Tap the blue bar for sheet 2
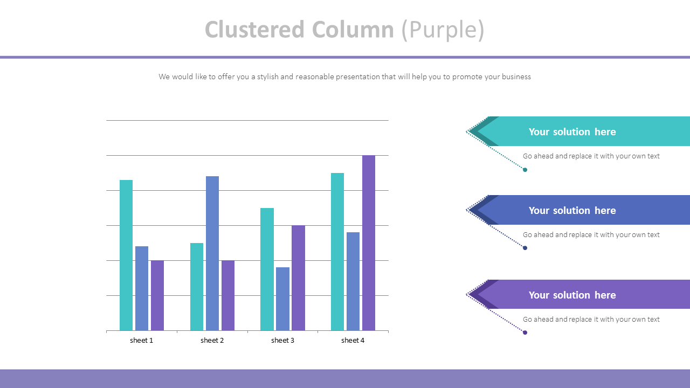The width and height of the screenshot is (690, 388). tap(212, 253)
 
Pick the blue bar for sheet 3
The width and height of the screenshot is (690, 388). tap(282, 299)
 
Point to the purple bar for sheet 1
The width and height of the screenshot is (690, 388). tap(157, 295)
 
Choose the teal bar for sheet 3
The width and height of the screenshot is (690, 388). tap(267, 269)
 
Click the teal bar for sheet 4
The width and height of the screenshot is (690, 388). tap(337, 252)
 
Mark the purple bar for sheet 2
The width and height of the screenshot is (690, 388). tap(228, 295)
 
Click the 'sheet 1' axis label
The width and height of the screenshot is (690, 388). tap(142, 341)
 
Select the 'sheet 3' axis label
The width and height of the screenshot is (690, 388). tap(282, 341)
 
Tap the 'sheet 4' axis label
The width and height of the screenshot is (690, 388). tap(353, 341)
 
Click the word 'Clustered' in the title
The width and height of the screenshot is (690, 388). tap(254, 30)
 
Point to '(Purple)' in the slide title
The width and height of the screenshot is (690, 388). tap(443, 30)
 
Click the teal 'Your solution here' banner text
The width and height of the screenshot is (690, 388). tap(572, 132)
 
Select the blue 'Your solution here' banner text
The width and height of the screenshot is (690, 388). tap(572, 211)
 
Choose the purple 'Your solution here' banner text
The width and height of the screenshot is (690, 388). tap(572, 295)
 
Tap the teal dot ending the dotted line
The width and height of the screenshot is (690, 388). tap(525, 170)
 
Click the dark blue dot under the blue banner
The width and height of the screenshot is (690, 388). tap(525, 248)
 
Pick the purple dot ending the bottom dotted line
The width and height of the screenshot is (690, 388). tap(525, 332)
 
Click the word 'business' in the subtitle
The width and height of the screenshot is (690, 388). tap(516, 77)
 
